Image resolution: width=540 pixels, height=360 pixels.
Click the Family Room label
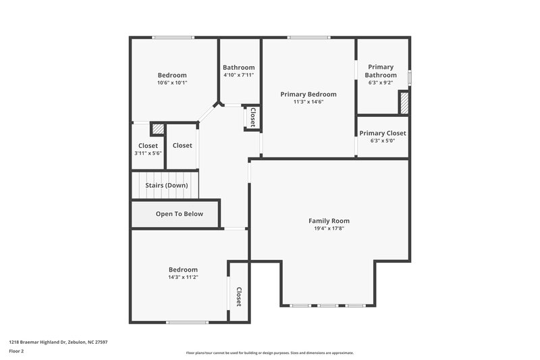click(x=329, y=221)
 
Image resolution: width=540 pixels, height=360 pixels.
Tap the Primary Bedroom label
click(x=308, y=94)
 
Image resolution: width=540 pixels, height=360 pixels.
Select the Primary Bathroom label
click(x=381, y=71)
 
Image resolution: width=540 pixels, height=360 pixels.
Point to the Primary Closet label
click(x=382, y=133)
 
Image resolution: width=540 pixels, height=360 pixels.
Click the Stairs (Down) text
click(x=167, y=185)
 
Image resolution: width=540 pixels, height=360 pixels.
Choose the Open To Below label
click(x=179, y=214)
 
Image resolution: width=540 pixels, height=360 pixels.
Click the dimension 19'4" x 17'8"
click(x=329, y=229)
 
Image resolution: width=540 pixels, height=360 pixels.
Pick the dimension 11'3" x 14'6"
click(x=308, y=102)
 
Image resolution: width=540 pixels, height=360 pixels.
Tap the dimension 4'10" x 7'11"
click(x=239, y=75)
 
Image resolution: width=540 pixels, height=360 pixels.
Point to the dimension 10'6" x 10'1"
click(x=172, y=83)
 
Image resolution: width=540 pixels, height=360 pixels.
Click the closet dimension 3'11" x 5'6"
click(x=148, y=153)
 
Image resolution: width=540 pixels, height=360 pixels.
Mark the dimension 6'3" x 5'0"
click(x=382, y=140)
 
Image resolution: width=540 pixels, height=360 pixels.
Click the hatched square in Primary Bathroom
click(x=404, y=103)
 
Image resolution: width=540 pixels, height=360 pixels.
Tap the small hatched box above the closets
click(x=157, y=128)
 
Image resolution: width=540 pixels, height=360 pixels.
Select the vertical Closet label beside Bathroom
click(x=252, y=118)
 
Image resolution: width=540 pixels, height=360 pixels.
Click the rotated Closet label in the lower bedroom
click(x=238, y=297)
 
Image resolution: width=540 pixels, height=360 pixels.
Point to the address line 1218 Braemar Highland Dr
click(x=58, y=342)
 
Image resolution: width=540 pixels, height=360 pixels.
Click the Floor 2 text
click(x=17, y=351)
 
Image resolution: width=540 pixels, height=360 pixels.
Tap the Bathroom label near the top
click(x=239, y=68)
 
